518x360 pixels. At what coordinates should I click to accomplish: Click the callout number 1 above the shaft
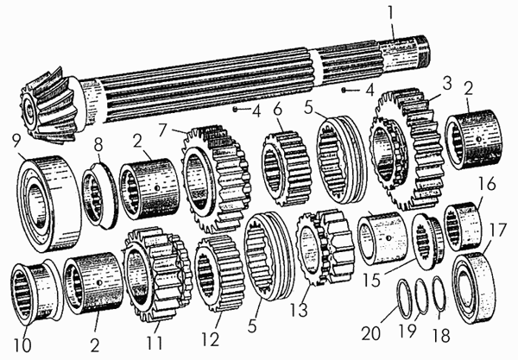pyautogui.click(x=391, y=14)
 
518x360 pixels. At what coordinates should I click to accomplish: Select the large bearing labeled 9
pyautogui.click(x=49, y=203)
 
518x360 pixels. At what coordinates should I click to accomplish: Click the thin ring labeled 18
pyautogui.click(x=439, y=294)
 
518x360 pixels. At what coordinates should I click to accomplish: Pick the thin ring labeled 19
pyautogui.click(x=421, y=296)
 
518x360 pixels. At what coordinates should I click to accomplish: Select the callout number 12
pyautogui.click(x=211, y=339)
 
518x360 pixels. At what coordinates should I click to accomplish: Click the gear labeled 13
pyautogui.click(x=325, y=248)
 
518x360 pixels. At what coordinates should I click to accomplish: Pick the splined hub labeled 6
pyautogui.click(x=287, y=167)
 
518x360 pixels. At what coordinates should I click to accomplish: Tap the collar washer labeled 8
pyautogui.click(x=99, y=195)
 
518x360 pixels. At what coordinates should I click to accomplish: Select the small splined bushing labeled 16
pyautogui.click(x=462, y=226)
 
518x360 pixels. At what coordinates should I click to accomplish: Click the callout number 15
pyautogui.click(x=371, y=280)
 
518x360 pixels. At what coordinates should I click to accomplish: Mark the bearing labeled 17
pyautogui.click(x=474, y=288)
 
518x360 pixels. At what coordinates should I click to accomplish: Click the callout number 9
pyautogui.click(x=16, y=142)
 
